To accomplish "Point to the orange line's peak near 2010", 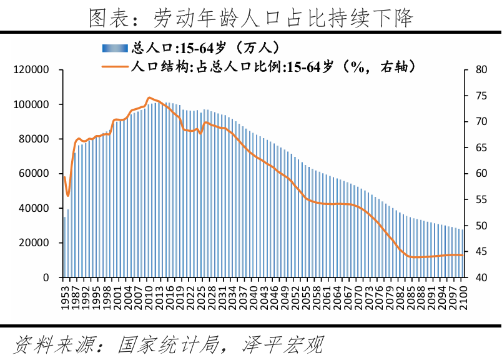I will point(149,98).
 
